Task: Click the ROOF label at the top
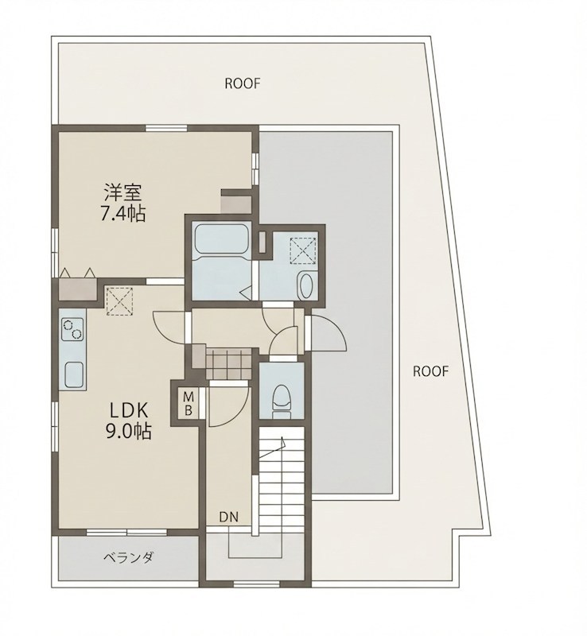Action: coord(243,83)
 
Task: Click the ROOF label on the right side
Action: coord(431,371)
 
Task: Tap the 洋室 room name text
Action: coord(122,192)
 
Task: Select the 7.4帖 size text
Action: coord(123,213)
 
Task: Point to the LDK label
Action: coord(129,411)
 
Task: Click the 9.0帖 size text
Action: coord(128,432)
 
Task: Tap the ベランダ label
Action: coord(128,558)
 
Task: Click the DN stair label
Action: coord(228,517)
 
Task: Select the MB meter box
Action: coord(188,404)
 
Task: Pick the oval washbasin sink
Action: coord(305,285)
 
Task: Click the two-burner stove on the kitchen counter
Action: coord(72,328)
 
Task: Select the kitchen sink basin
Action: coord(73,374)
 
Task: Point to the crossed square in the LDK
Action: coord(119,301)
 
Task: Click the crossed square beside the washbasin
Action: coord(302,250)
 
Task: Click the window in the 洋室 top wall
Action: coord(166,128)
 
